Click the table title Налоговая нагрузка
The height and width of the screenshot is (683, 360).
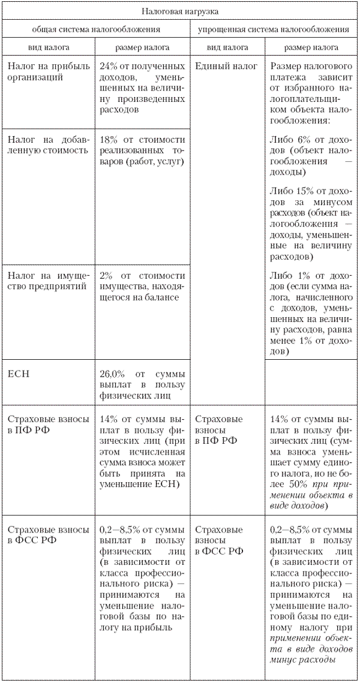point(180,11)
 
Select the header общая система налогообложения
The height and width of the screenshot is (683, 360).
point(96,29)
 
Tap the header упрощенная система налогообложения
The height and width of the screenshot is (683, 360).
point(274,29)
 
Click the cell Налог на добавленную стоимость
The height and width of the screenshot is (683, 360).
point(48,145)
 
